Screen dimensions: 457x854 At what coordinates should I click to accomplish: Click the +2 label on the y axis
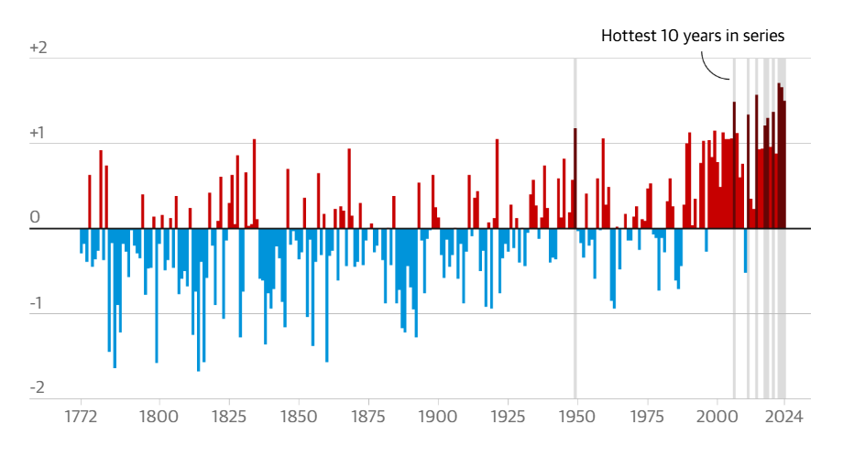[38, 48]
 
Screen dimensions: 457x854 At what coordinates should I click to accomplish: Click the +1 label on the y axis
[38, 133]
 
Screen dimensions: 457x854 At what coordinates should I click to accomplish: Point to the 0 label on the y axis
[36, 218]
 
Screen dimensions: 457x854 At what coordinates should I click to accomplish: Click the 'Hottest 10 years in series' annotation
[693, 36]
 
